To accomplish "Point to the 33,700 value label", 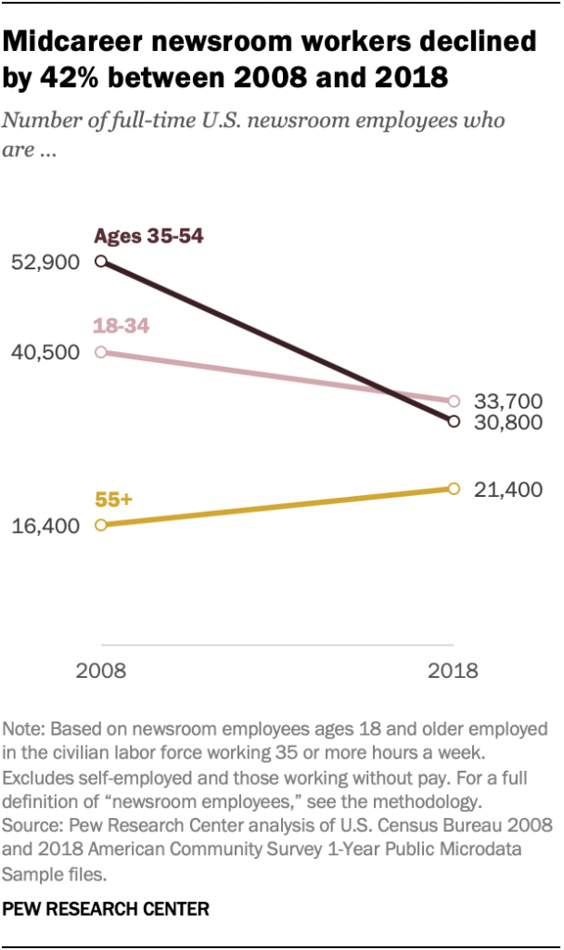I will coord(508,401).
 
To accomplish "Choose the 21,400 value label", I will coord(508,489).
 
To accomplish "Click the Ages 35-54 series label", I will coord(148,236).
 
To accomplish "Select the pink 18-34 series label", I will coord(122,326).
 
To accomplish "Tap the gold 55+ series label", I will coord(114,500).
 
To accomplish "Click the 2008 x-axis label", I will coord(101,670).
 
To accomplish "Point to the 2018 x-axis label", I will coord(454,670).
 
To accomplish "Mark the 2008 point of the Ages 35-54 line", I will coord(101,263).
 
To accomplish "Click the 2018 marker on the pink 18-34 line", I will coord(454,401).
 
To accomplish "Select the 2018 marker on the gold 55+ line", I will coord(454,488).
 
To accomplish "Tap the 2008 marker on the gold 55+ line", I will coord(101,525).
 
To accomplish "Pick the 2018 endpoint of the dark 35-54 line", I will coord(454,422).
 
